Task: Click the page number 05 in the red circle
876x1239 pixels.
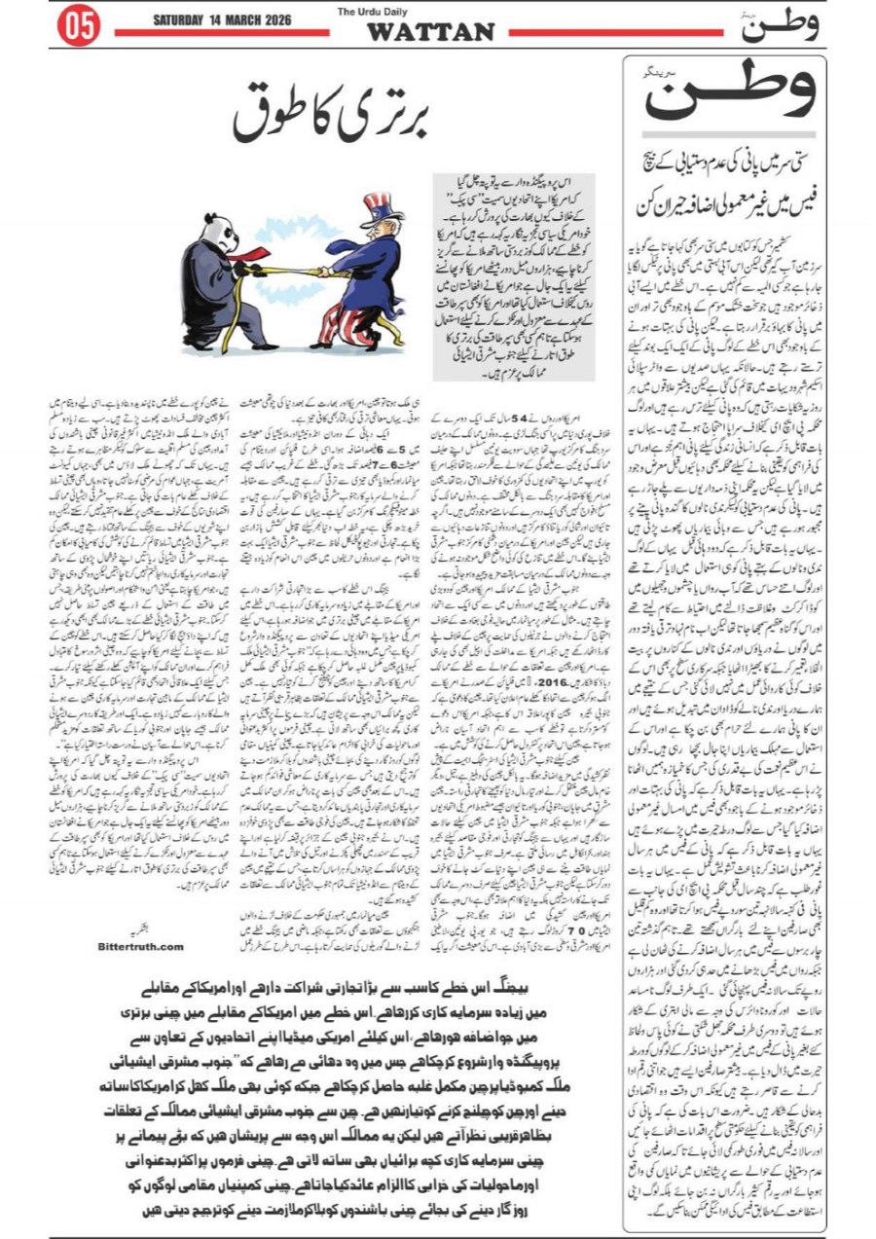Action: (80, 27)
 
